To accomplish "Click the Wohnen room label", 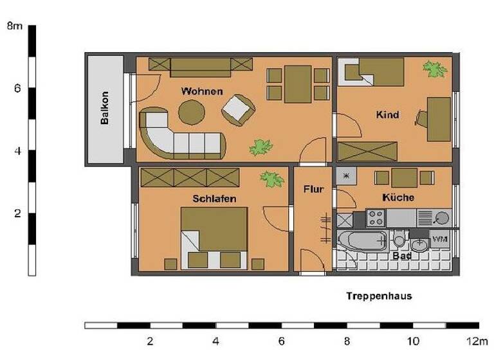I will (202, 91).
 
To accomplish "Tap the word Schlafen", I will (214, 199).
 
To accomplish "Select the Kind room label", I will (387, 115).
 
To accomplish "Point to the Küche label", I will (398, 197).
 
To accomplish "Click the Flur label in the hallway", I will (313, 190).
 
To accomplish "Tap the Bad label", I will (402, 255).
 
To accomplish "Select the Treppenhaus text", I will (378, 296).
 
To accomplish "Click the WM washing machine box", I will (440, 239).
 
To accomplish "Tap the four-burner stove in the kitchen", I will (376, 218).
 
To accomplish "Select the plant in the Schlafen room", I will (272, 179).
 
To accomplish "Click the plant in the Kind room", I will (435, 69).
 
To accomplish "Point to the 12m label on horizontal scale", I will (477, 341).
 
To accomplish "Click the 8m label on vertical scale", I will (14, 26).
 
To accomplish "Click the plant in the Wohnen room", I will (261, 147).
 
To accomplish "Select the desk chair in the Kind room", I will (422, 118).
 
